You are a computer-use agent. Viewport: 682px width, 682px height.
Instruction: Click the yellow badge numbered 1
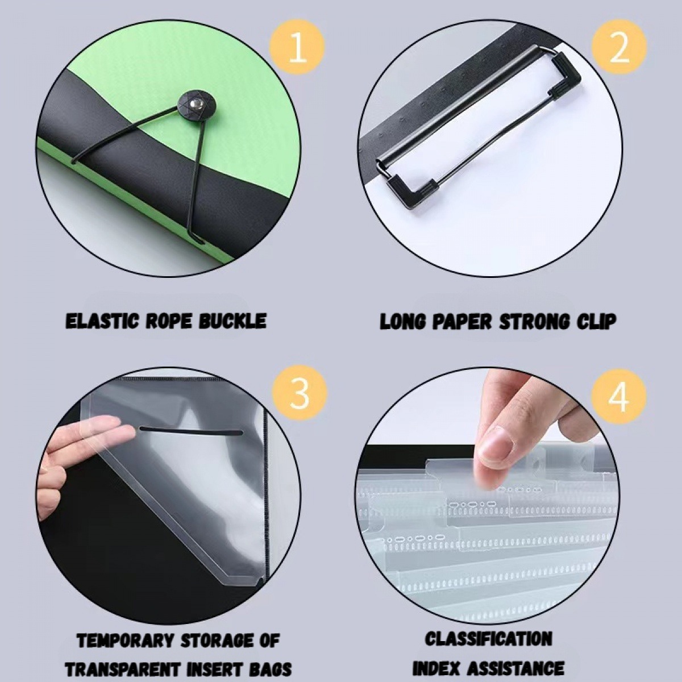pyautogui.click(x=297, y=48)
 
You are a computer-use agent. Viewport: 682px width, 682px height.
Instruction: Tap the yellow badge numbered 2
pyautogui.click(x=619, y=48)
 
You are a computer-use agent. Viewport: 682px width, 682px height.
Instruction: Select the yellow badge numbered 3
pyautogui.click(x=300, y=393)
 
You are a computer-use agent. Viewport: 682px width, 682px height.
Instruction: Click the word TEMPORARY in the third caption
pyautogui.click(x=124, y=641)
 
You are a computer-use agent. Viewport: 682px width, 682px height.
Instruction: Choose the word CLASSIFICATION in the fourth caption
pyautogui.click(x=488, y=639)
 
